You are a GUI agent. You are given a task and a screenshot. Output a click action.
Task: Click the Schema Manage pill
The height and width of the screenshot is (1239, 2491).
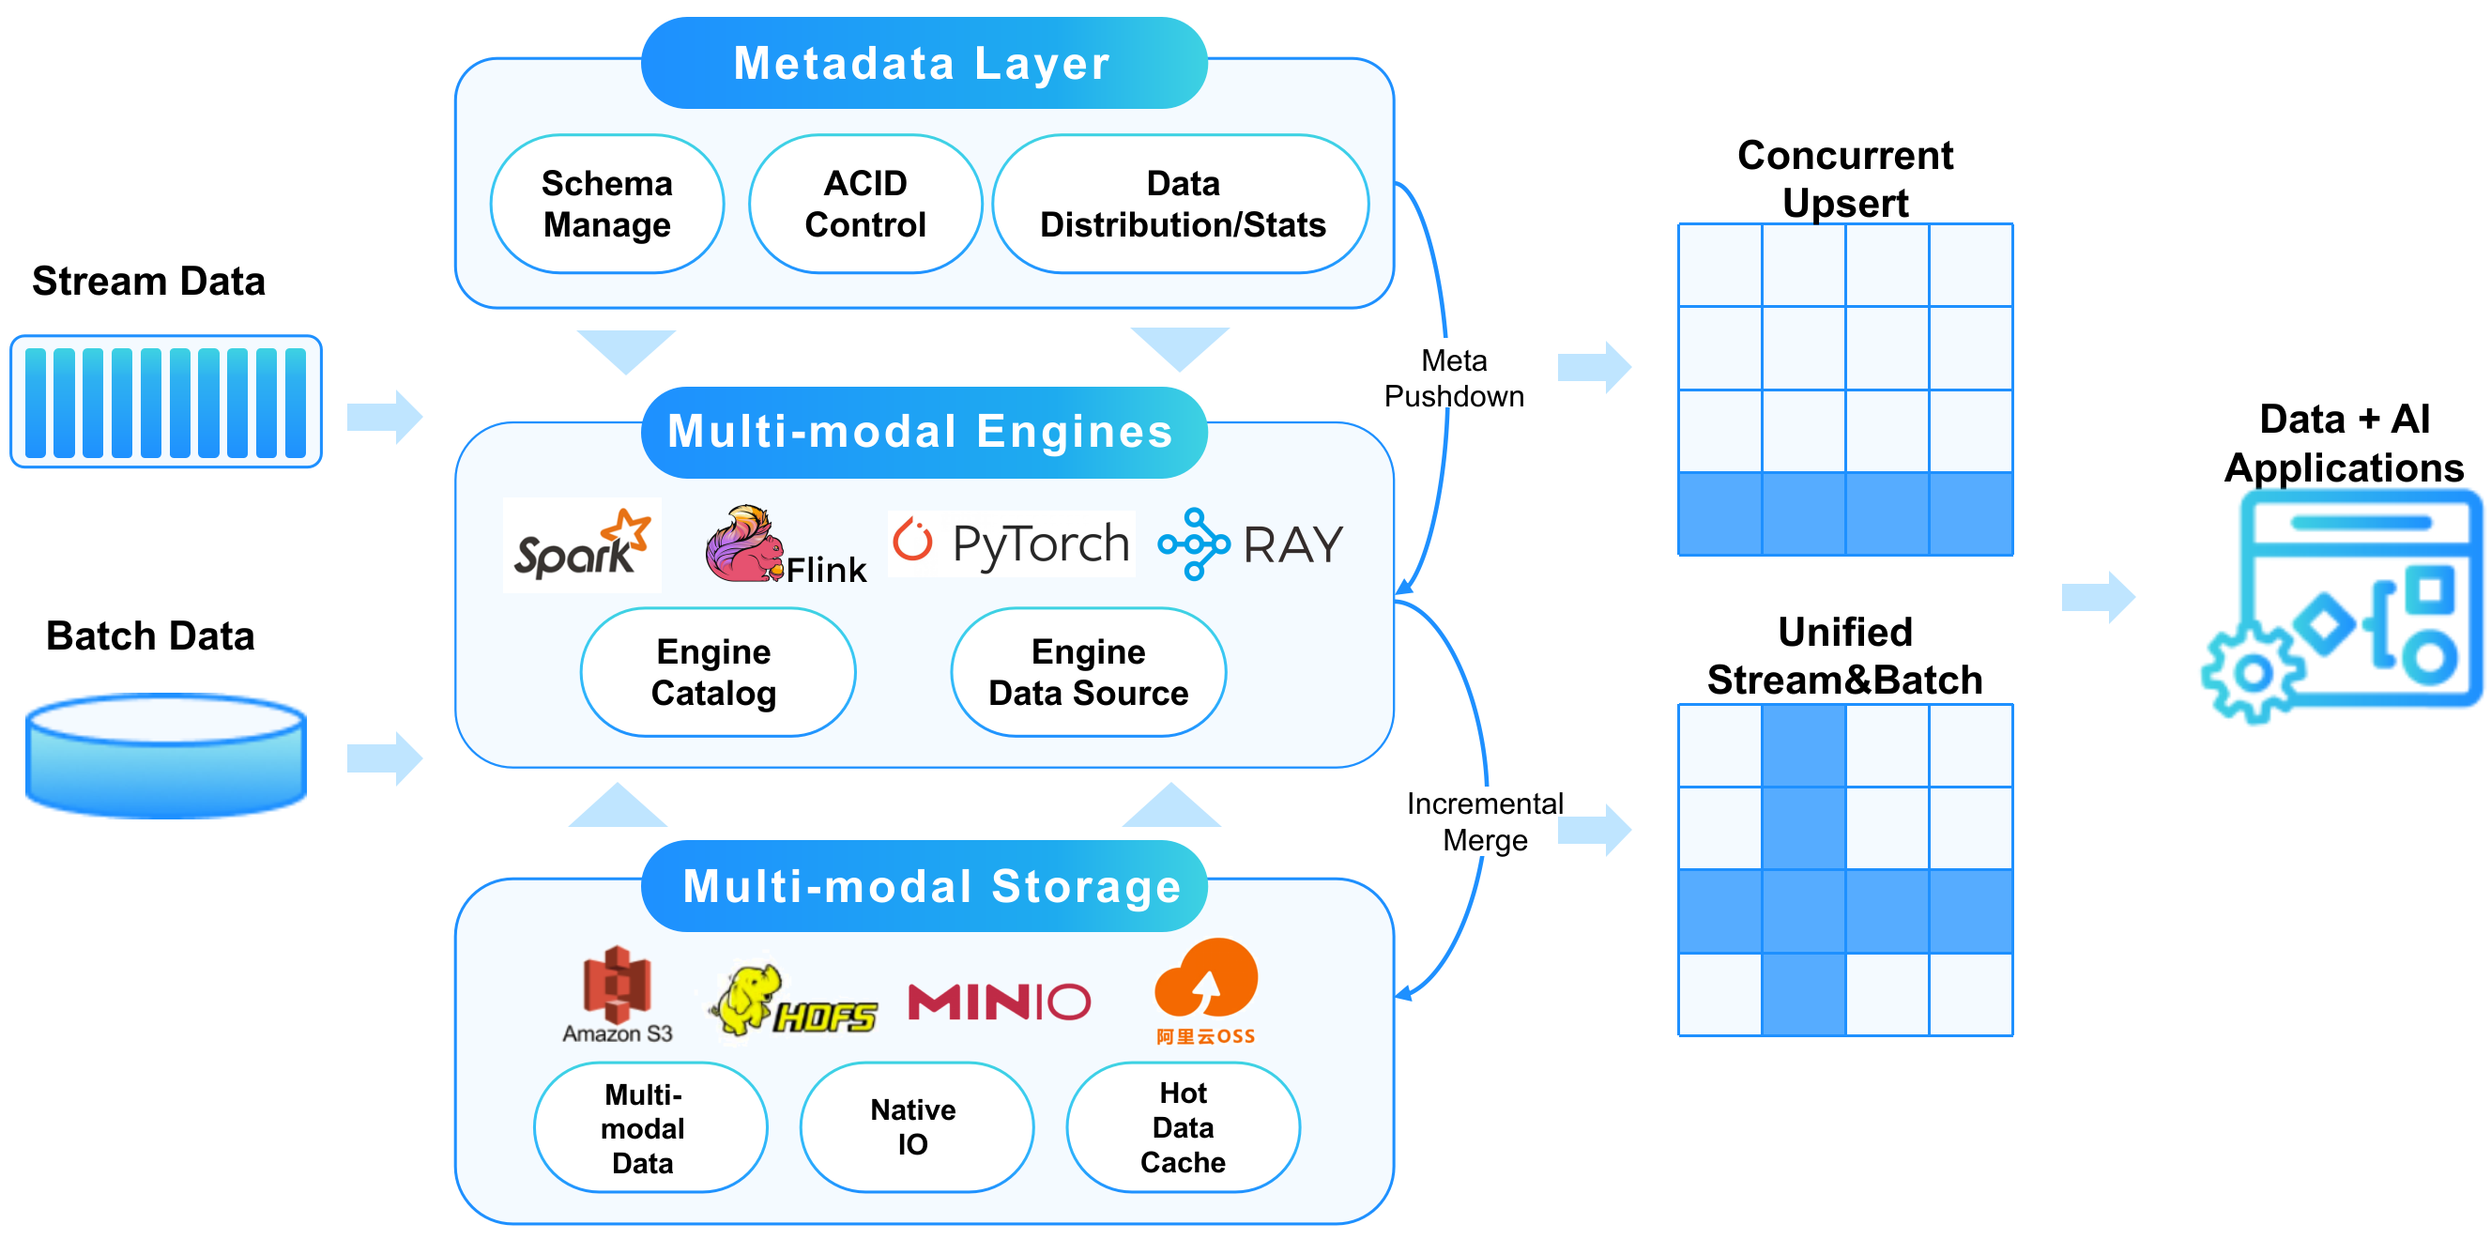pos(606,204)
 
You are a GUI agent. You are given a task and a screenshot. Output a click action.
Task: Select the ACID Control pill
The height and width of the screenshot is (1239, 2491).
pos(864,204)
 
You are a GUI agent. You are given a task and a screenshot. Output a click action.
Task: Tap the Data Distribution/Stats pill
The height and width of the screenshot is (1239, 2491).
pos(1181,204)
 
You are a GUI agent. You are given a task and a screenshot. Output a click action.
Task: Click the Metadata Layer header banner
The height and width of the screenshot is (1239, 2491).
pos(924,63)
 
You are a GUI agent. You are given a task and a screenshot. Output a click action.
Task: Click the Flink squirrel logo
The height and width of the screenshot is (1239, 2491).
pos(745,544)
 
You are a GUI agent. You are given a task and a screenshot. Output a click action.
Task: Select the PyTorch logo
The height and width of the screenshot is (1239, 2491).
pos(1011,543)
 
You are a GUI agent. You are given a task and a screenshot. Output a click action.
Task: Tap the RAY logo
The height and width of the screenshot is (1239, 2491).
pos(1250,544)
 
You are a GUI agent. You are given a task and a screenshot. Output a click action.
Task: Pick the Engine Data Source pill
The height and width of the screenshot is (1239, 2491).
pos(1088,672)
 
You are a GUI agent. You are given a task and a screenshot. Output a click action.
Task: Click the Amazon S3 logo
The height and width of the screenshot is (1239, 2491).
pos(617,994)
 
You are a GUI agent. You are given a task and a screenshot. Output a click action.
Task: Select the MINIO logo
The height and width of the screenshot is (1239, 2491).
pos(999,1002)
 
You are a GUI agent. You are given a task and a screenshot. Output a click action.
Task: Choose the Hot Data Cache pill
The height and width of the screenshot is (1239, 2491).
pos(1183,1126)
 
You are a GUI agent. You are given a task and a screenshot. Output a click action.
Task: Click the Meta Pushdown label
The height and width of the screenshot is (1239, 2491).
pos(1454,378)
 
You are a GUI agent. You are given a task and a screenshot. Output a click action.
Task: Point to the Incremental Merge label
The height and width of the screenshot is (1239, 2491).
pos(1484,821)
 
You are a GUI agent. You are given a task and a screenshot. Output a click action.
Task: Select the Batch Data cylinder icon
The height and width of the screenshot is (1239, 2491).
pos(166,755)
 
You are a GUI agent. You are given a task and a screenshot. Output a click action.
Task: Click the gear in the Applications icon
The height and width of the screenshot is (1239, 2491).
pos(2254,672)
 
